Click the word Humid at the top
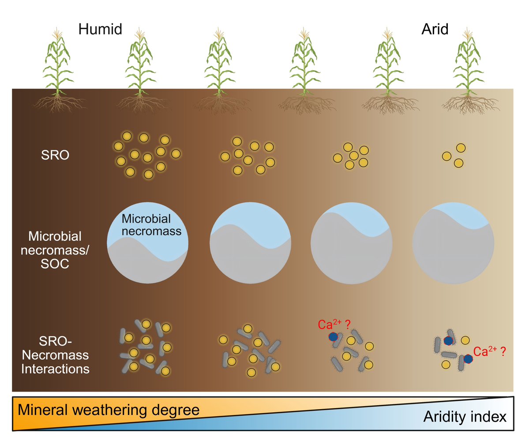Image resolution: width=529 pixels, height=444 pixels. tap(100, 30)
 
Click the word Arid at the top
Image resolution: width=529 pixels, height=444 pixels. tap(434, 30)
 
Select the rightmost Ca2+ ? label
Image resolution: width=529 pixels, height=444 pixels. tap(489, 351)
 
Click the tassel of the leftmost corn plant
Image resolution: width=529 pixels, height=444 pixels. tap(57, 34)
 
